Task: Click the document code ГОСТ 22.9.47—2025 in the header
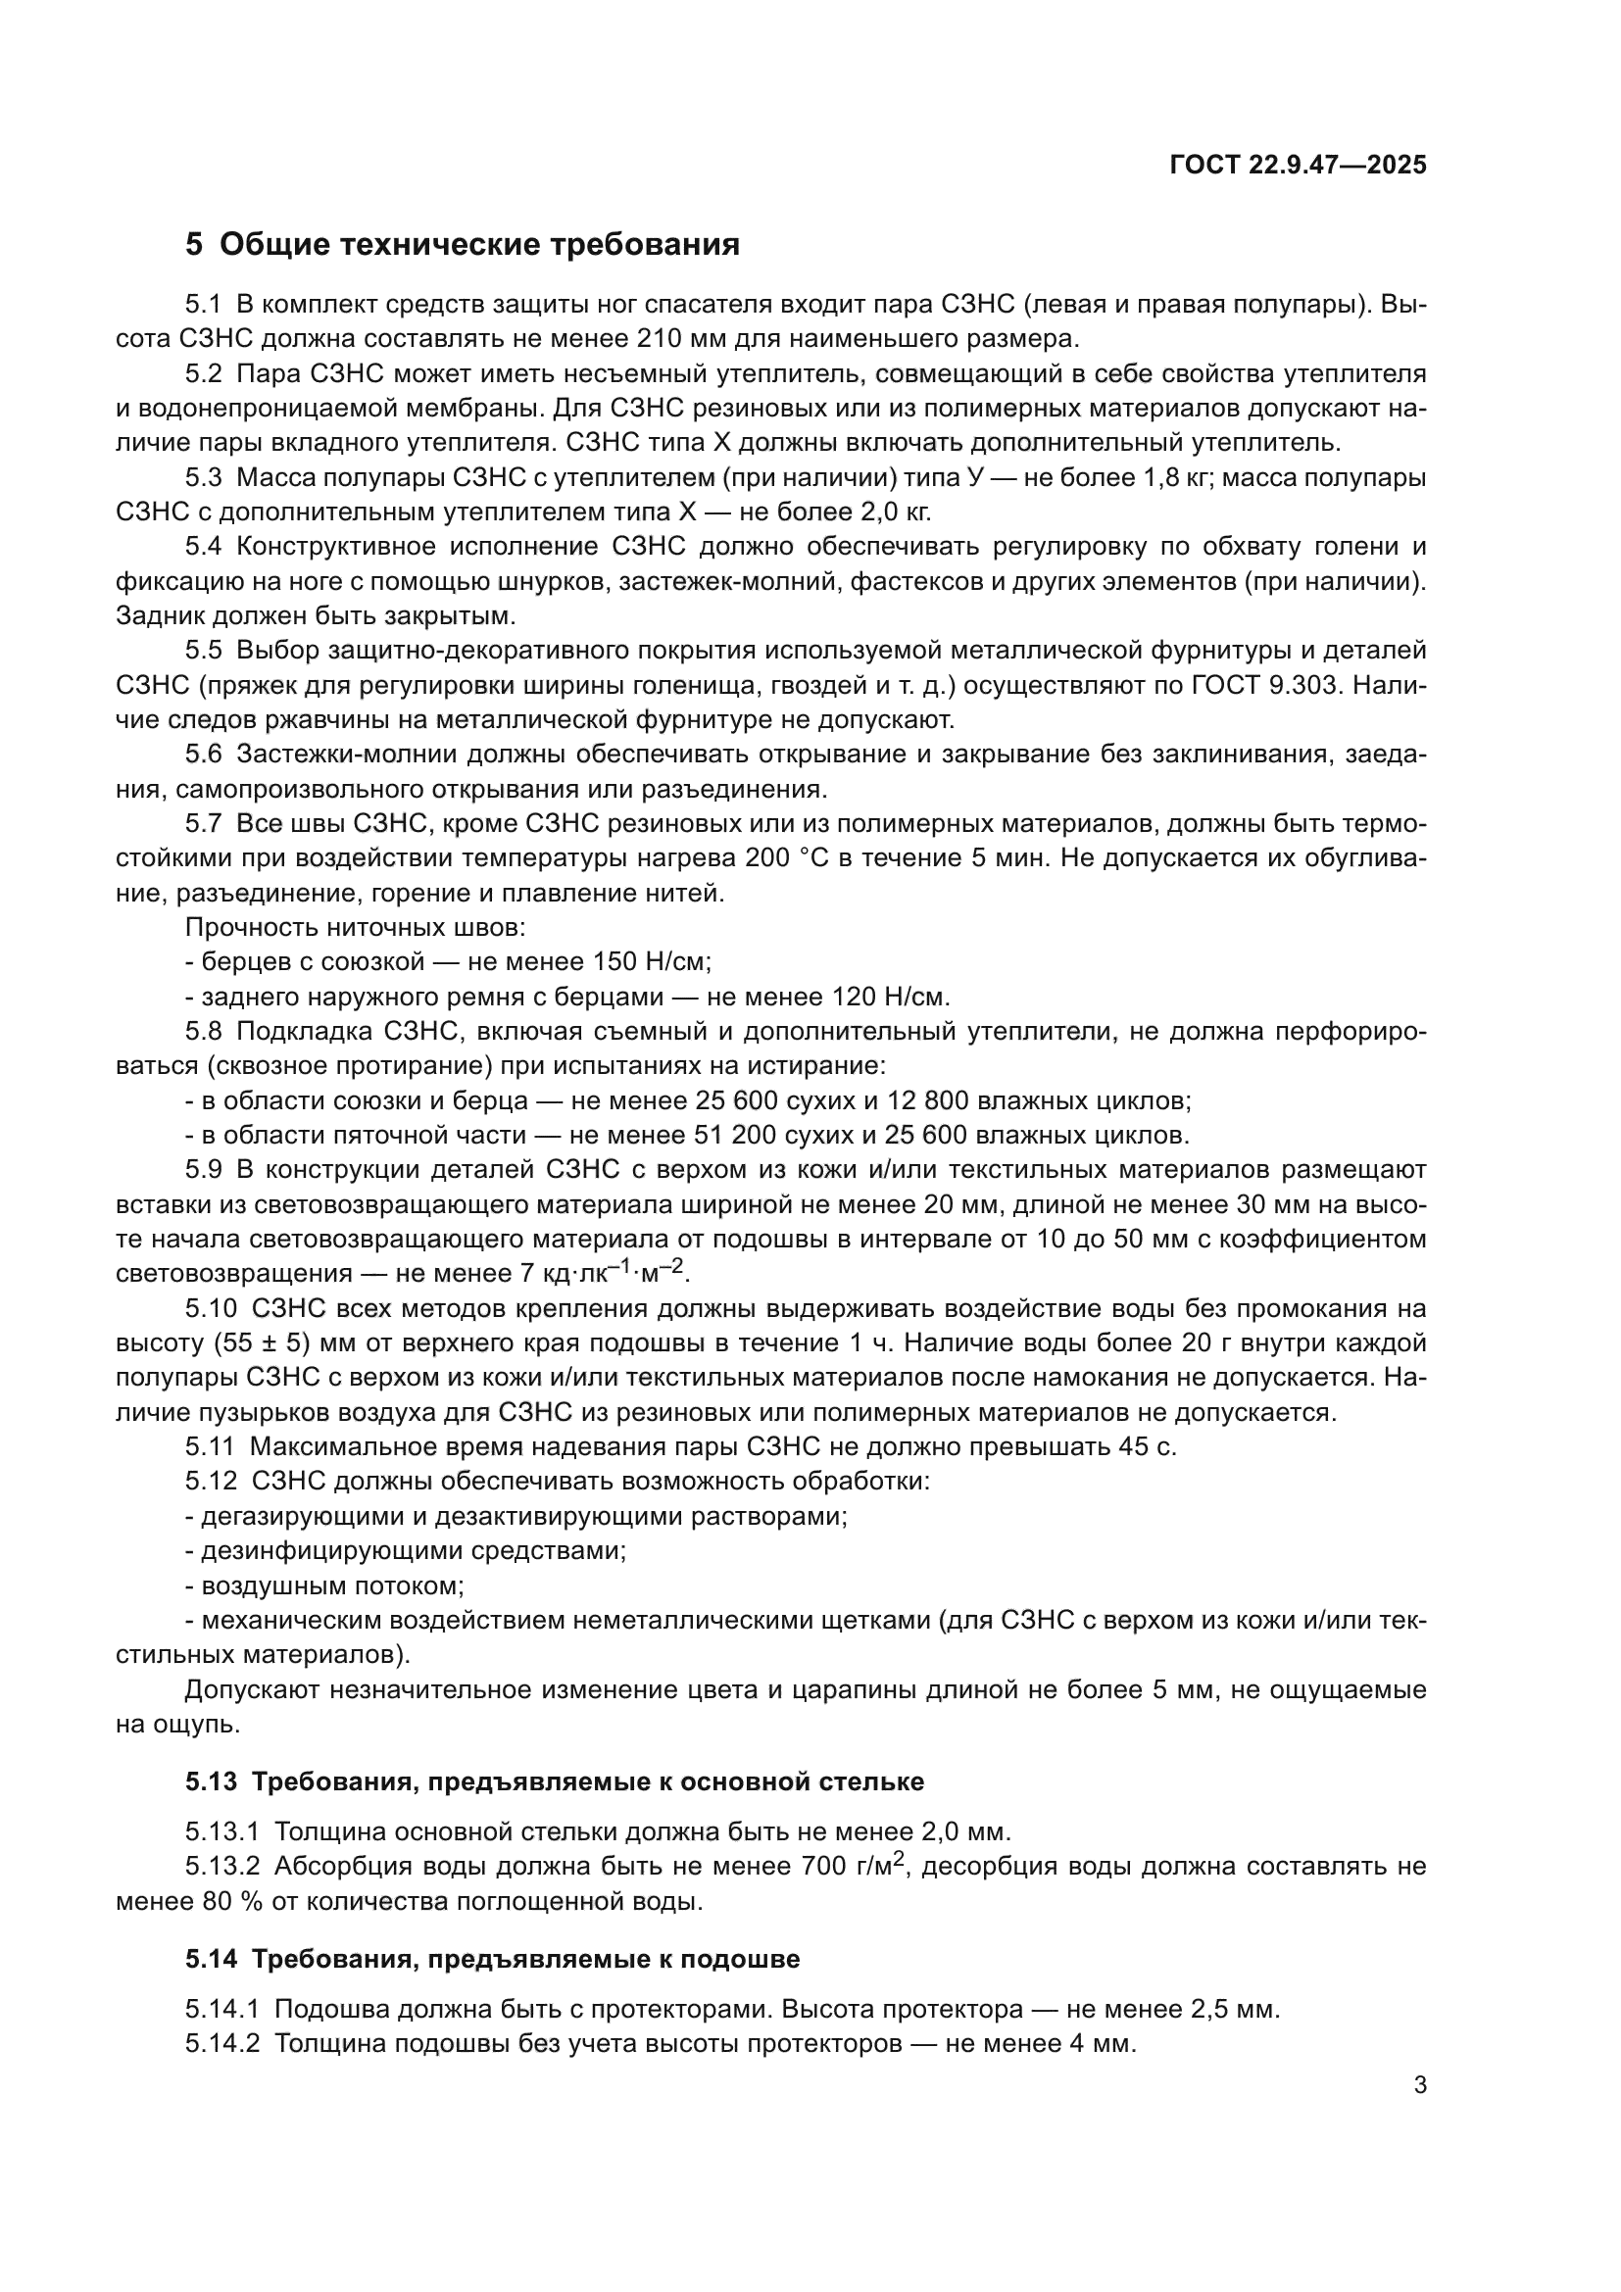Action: click(x=1298, y=165)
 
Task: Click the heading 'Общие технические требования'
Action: click(x=479, y=245)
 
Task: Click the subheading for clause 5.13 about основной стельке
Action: click(x=554, y=1781)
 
